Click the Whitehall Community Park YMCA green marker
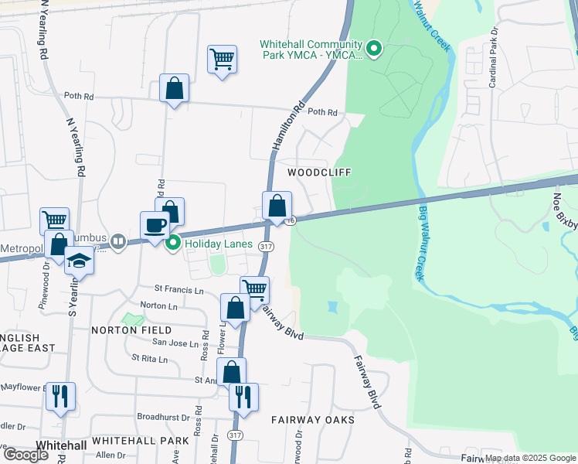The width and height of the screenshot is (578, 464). tap(374, 51)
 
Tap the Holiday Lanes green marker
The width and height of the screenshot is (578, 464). tap(174, 243)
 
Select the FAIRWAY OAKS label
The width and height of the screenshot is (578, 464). tap(312, 420)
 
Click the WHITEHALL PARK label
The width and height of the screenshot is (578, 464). tap(140, 440)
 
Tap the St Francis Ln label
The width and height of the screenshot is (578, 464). tap(178, 291)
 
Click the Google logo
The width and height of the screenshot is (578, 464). tap(25, 454)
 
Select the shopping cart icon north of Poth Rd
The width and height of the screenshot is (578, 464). tap(222, 60)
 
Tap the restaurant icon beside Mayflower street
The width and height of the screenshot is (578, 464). tap(59, 396)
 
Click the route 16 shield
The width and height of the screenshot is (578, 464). tap(290, 221)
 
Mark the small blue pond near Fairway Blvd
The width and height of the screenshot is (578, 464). tap(332, 307)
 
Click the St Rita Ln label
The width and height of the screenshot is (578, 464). tap(150, 358)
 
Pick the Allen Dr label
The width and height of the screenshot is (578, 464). tap(110, 455)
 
